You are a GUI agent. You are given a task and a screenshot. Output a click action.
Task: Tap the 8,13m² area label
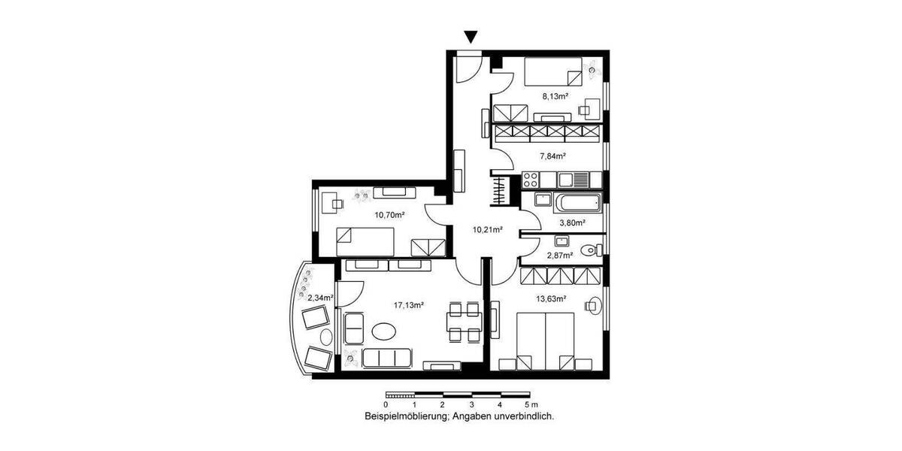555,96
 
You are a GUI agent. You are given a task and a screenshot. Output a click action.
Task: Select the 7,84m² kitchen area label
552,156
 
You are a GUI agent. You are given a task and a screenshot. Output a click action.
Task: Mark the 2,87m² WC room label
560,256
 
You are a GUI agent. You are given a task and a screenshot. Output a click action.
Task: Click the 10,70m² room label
390,214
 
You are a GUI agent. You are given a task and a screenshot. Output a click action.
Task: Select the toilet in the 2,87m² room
591,249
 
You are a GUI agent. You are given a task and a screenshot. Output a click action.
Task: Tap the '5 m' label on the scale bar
524,404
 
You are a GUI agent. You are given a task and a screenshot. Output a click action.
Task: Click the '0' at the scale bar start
386,404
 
